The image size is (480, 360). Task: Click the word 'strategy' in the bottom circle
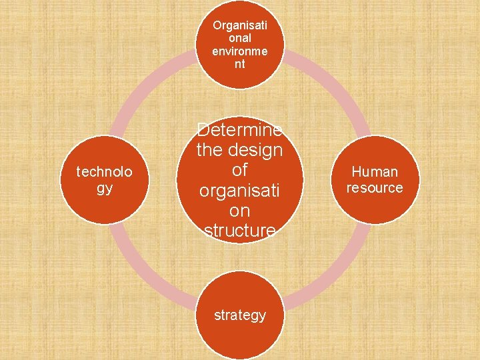coord(240,315)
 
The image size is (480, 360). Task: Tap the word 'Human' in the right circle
coord(375,172)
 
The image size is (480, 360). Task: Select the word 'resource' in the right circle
coord(375,188)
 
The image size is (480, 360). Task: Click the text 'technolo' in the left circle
coord(104,172)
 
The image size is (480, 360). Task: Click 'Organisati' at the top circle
coord(240,25)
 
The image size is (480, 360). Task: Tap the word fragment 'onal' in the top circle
coord(240,39)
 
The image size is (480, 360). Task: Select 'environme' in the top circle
coord(240,51)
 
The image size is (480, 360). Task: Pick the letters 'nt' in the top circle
coord(240,65)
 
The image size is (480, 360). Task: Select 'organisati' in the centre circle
coord(240,191)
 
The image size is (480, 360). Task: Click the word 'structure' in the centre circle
coord(240,231)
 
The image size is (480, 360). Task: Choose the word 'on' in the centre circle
coord(240,211)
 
